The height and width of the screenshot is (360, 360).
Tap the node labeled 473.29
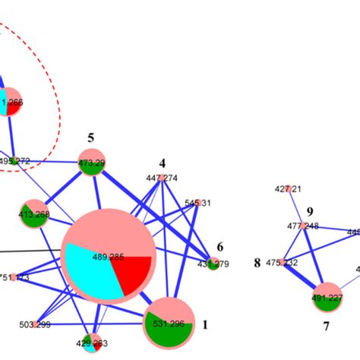(x=92, y=162)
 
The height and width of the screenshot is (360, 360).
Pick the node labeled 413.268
(x=33, y=213)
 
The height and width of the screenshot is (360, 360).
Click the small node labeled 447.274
(x=162, y=178)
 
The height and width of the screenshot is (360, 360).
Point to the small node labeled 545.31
(x=197, y=203)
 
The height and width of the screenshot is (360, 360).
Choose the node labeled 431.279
(x=213, y=264)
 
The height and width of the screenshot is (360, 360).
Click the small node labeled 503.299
(x=36, y=324)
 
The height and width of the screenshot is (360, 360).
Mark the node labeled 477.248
(x=302, y=226)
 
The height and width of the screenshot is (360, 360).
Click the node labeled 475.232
(x=282, y=263)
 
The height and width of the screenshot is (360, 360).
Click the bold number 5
(x=90, y=138)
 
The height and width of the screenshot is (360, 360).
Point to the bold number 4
(x=162, y=163)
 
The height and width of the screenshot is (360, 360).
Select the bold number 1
(x=204, y=324)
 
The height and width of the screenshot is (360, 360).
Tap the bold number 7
(x=326, y=327)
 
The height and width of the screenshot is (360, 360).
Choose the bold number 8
(x=257, y=264)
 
